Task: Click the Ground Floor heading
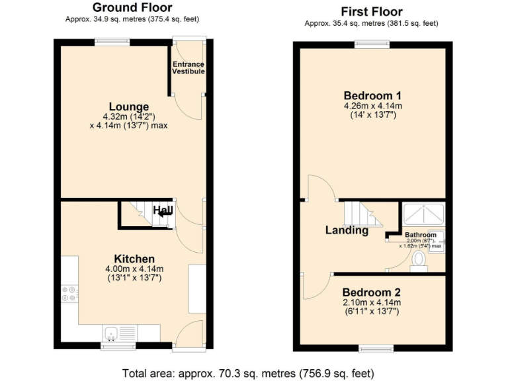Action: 132,8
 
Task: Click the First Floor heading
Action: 371,11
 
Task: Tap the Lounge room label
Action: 129,106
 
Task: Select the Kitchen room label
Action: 134,259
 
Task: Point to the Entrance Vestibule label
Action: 189,67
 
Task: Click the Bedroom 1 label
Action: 372,95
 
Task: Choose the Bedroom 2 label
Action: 372,292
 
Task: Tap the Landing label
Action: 347,231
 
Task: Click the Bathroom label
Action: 421,235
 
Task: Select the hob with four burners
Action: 69,294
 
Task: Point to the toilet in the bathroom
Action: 418,263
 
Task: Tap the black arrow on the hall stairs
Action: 164,212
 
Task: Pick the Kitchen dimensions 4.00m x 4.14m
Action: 134,269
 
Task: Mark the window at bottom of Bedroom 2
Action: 375,348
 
